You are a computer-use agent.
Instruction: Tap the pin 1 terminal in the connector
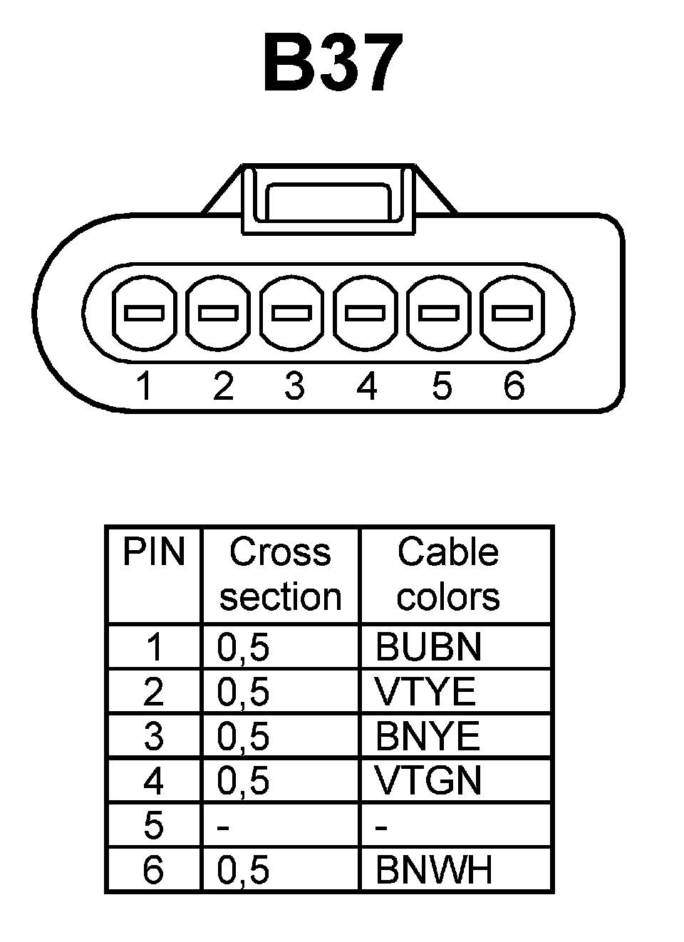coord(144,312)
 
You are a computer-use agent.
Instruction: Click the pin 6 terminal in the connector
coord(512,312)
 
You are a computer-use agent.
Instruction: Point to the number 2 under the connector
coord(223,386)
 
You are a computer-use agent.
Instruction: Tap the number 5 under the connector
coord(442,386)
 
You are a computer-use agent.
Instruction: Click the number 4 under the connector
coord(367,386)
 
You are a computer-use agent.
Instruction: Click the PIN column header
coord(153,552)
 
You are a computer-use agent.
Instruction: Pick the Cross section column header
coord(281,574)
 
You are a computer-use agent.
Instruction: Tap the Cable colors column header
coord(448,574)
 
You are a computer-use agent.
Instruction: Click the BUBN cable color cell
coord(428,647)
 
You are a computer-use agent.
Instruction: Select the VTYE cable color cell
coord(425,691)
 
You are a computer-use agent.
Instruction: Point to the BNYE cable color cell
coord(427,736)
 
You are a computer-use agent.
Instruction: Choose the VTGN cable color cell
coord(428,780)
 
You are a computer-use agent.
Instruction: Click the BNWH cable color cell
coord(433,869)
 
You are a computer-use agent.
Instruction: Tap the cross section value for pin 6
coord(243,870)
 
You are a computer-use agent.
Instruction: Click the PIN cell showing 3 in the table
coord(153,736)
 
